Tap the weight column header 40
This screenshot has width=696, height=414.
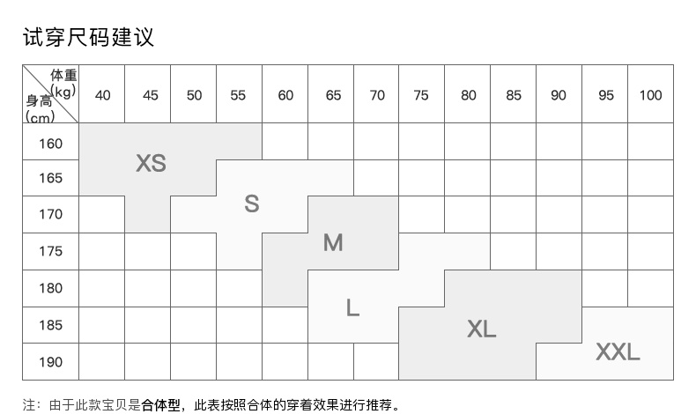[x=102, y=95]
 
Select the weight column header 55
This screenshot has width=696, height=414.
[x=238, y=95]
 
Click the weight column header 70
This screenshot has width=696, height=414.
[x=377, y=95]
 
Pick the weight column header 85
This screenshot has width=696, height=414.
[x=514, y=95]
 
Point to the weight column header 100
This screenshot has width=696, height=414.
[x=650, y=95]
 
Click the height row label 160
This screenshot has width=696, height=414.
[x=51, y=143]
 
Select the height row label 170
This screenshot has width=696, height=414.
[x=51, y=214]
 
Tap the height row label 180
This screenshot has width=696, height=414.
[x=51, y=288]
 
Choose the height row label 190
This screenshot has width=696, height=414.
[x=51, y=362]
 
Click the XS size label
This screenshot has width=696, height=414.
[x=151, y=163]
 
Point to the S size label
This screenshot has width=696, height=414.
[x=252, y=203]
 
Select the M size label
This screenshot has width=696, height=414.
[x=333, y=242]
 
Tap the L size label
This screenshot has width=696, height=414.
[x=352, y=307]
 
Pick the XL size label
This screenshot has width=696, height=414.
[x=482, y=329]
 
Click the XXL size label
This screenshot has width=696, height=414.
[x=618, y=352]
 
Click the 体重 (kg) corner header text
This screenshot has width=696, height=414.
[x=63, y=82]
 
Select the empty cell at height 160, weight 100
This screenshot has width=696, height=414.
[x=650, y=141]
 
